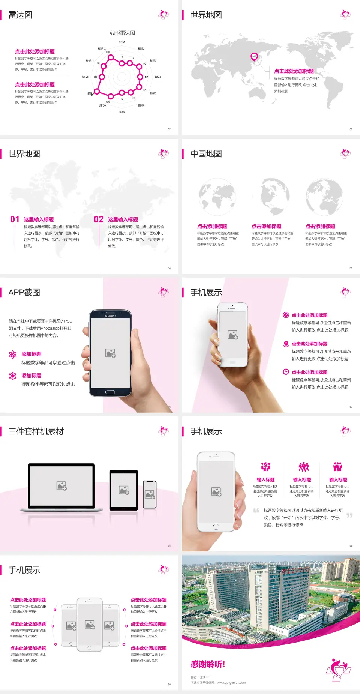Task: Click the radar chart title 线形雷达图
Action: [x=122, y=33]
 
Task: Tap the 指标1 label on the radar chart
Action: [x=122, y=42]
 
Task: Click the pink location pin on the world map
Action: [x=254, y=56]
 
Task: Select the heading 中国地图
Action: [x=206, y=154]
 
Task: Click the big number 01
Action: [x=15, y=219]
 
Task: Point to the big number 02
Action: [x=99, y=219]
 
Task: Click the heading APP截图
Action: [x=24, y=293]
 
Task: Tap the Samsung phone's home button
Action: [x=110, y=392]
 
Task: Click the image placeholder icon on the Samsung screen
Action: [x=110, y=353]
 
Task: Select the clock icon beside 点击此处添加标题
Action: [x=286, y=372]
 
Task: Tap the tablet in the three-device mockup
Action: [x=124, y=490]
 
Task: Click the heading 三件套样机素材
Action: [x=36, y=431]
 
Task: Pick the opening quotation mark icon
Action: [x=256, y=511]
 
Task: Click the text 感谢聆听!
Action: [x=208, y=664]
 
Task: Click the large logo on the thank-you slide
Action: [x=338, y=670]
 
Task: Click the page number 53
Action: [x=351, y=129]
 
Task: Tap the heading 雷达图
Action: [x=20, y=15]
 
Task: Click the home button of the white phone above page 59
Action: [x=216, y=526]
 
